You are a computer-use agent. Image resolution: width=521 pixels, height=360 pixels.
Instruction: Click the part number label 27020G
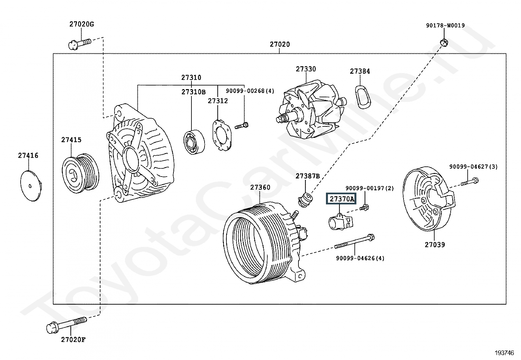point(81,24)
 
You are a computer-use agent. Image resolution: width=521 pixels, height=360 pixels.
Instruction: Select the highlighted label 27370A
point(341,199)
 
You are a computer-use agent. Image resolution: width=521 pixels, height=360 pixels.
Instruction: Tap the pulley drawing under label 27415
point(81,171)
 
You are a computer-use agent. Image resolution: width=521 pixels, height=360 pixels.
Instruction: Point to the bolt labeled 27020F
point(67,324)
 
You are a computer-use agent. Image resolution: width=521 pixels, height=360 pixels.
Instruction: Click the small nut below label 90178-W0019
point(444,42)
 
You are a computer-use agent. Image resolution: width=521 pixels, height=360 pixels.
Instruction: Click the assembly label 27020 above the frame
point(279,44)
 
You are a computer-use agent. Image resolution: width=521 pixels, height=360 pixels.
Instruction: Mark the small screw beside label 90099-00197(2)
point(364,207)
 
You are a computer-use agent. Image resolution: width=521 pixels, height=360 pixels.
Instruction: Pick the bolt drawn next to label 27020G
point(80,43)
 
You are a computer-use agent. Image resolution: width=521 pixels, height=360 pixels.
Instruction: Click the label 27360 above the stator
point(260,187)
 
